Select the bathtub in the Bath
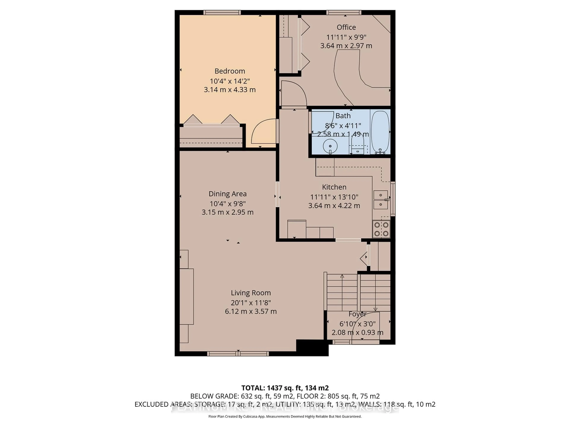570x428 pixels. [380, 132]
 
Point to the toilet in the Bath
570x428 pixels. [358, 144]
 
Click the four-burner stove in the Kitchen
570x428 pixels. [381, 229]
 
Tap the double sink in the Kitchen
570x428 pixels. [381, 200]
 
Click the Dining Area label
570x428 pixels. [228, 194]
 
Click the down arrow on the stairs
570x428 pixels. [375, 309]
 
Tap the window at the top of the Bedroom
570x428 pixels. [222, 12]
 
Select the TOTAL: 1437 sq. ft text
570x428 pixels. [285, 388]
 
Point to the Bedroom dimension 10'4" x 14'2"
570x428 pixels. [230, 81]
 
